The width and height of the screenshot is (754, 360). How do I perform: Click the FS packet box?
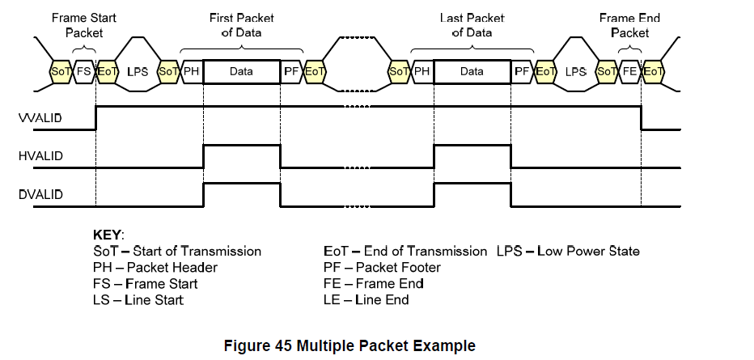pos(84,72)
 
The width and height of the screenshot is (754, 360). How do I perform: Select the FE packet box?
pos(630,72)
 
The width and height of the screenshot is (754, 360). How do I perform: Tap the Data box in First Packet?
pos(241,72)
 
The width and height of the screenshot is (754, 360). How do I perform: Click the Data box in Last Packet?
pos(472,72)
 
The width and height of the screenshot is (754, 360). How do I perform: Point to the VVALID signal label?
pos(40,118)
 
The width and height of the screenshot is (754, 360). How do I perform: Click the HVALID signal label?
pos(40,156)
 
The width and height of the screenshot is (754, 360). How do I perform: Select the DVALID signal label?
pos(40,195)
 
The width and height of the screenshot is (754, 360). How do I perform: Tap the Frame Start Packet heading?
pos(84,25)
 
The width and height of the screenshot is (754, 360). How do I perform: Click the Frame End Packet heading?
pos(629,25)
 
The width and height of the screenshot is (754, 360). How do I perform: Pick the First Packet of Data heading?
pos(241,25)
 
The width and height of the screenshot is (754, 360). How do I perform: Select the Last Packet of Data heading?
pos(472,25)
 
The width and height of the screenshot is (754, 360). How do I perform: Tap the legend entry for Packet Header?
pos(155,267)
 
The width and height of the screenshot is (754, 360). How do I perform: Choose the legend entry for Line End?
pos(366,300)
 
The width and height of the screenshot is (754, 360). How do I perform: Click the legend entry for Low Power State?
pos(569,251)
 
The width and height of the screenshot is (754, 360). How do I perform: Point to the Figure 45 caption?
pos(349,345)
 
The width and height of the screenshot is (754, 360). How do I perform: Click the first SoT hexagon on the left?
pos(61,72)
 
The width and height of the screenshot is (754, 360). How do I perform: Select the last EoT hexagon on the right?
pos(654,72)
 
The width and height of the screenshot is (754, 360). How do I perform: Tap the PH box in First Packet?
pos(192,72)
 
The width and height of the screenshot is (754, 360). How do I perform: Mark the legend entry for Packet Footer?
pos(383,267)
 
